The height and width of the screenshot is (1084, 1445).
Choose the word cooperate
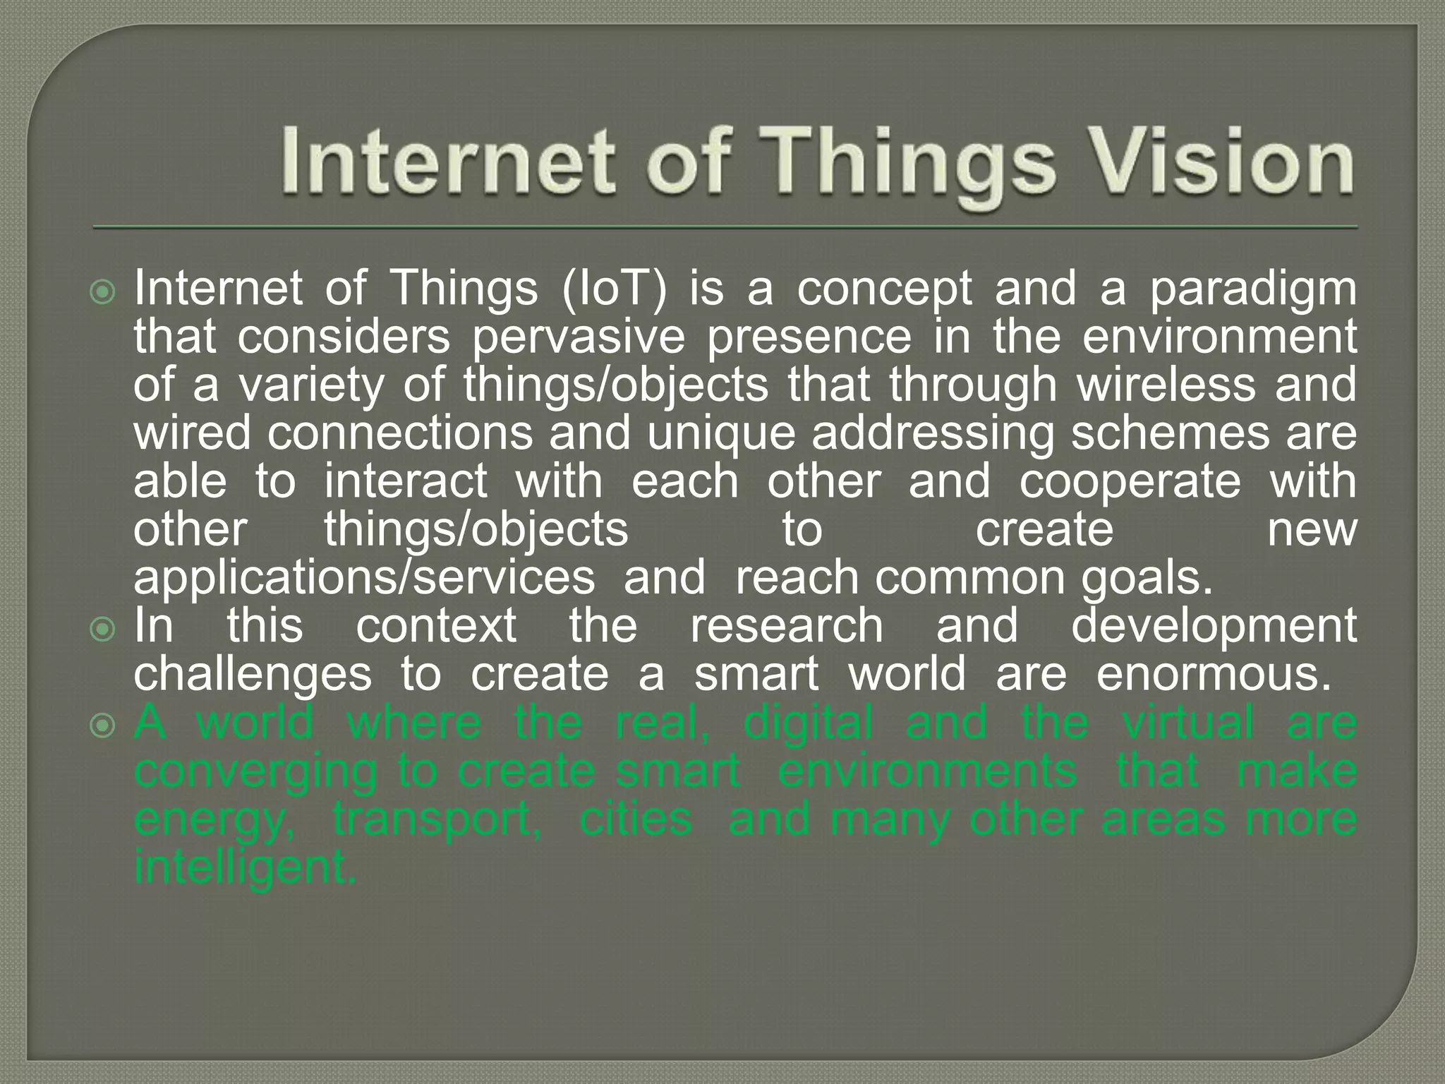[1130, 482]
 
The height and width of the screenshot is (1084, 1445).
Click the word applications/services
[364, 579]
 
